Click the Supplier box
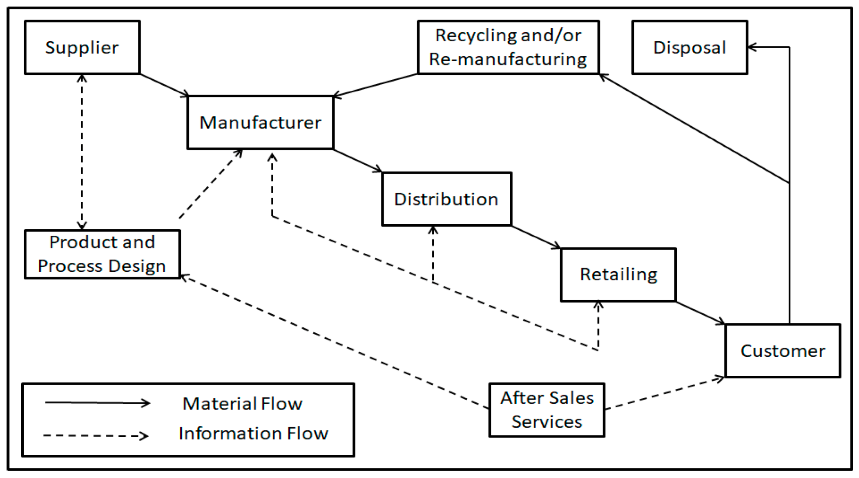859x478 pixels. point(82,47)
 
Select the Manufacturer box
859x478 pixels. point(260,123)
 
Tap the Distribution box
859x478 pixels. point(446,199)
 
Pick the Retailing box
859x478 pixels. point(618,275)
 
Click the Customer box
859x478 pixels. point(783,351)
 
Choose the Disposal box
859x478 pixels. point(689,47)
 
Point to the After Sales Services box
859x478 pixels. point(547,410)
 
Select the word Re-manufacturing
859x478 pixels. point(508,60)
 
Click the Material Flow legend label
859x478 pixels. point(242,404)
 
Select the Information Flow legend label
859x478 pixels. point(253,433)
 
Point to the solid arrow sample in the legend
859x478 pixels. point(97,403)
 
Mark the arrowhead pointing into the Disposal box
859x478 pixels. point(752,47)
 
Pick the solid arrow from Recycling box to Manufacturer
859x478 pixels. point(376,85)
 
